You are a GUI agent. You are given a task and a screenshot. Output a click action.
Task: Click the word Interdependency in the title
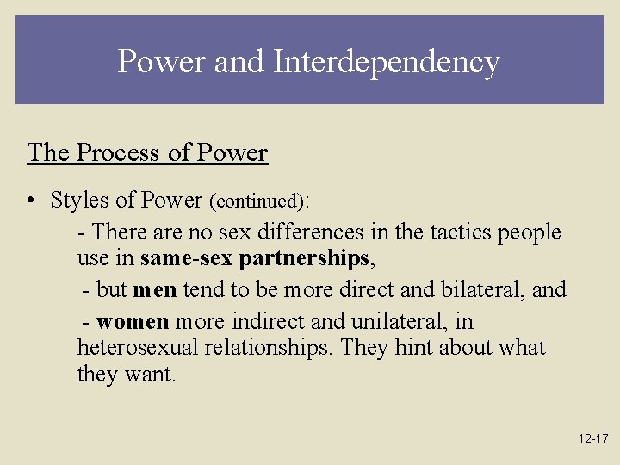click(387, 62)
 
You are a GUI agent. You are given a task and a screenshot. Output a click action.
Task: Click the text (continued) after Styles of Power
click(257, 201)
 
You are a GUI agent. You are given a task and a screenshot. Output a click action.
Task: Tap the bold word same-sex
click(186, 258)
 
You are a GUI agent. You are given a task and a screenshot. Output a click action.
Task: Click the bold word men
click(155, 290)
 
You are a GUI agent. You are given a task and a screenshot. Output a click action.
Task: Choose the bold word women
click(133, 322)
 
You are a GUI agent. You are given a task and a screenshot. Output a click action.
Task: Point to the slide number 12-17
click(593, 439)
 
